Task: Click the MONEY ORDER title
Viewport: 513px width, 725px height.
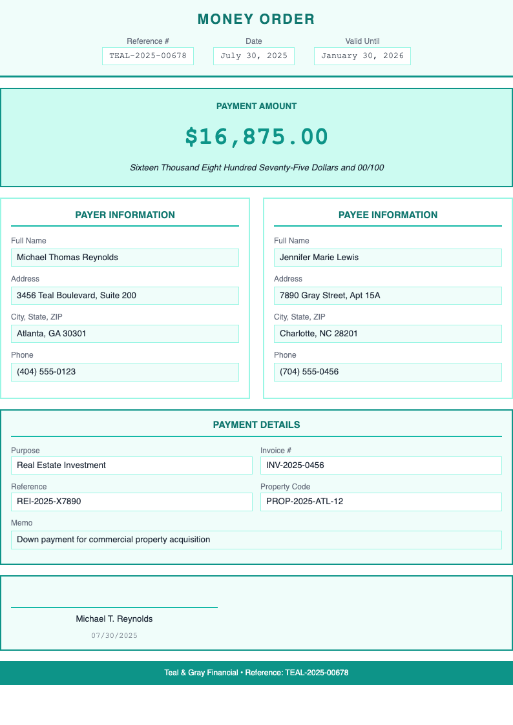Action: tap(256, 19)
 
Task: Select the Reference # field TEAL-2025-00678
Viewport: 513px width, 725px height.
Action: tap(148, 56)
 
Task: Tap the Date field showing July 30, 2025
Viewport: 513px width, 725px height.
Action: tap(254, 56)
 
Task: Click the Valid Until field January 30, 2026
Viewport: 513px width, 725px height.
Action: tap(362, 56)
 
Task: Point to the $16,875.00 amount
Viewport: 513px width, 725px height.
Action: tap(256, 137)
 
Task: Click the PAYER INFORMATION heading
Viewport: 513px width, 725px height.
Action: tap(125, 215)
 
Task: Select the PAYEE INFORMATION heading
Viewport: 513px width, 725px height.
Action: tap(388, 215)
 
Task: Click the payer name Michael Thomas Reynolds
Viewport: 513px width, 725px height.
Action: tap(125, 258)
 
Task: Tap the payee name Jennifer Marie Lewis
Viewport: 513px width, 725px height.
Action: tap(388, 258)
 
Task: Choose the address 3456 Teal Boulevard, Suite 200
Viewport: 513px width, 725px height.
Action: tap(125, 296)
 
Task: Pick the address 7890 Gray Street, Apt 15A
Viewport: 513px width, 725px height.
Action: tap(388, 296)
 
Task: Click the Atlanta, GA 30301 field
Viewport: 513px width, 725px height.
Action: tap(125, 334)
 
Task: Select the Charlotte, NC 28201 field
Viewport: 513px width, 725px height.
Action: tap(388, 334)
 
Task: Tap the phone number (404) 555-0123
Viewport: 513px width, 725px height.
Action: tap(125, 372)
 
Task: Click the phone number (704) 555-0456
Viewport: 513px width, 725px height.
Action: tap(388, 372)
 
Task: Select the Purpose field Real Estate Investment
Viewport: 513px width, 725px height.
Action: tap(132, 465)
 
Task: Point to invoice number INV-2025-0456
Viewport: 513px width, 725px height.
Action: tap(381, 465)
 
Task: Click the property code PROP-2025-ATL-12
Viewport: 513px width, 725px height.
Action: tap(381, 502)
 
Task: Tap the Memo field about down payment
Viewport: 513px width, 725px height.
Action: tap(256, 540)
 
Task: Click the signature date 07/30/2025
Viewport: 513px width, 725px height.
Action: tap(114, 636)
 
